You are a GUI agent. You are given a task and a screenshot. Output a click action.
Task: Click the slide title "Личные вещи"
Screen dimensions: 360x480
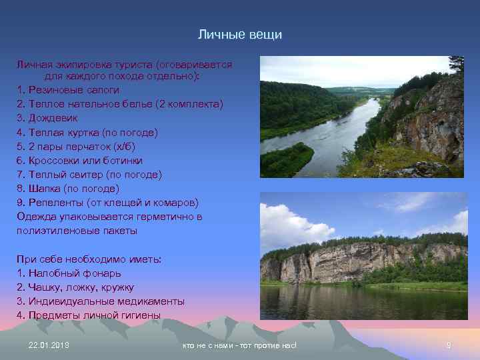click(241, 34)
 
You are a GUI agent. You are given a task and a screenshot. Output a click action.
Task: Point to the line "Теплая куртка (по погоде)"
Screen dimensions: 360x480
click(87, 132)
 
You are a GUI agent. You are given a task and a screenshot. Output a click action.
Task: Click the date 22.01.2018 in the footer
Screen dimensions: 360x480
click(49, 345)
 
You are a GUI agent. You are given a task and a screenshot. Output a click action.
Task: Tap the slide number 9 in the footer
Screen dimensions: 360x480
click(448, 345)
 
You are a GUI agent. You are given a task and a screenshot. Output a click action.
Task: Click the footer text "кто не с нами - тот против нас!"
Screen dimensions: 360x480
click(239, 345)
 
